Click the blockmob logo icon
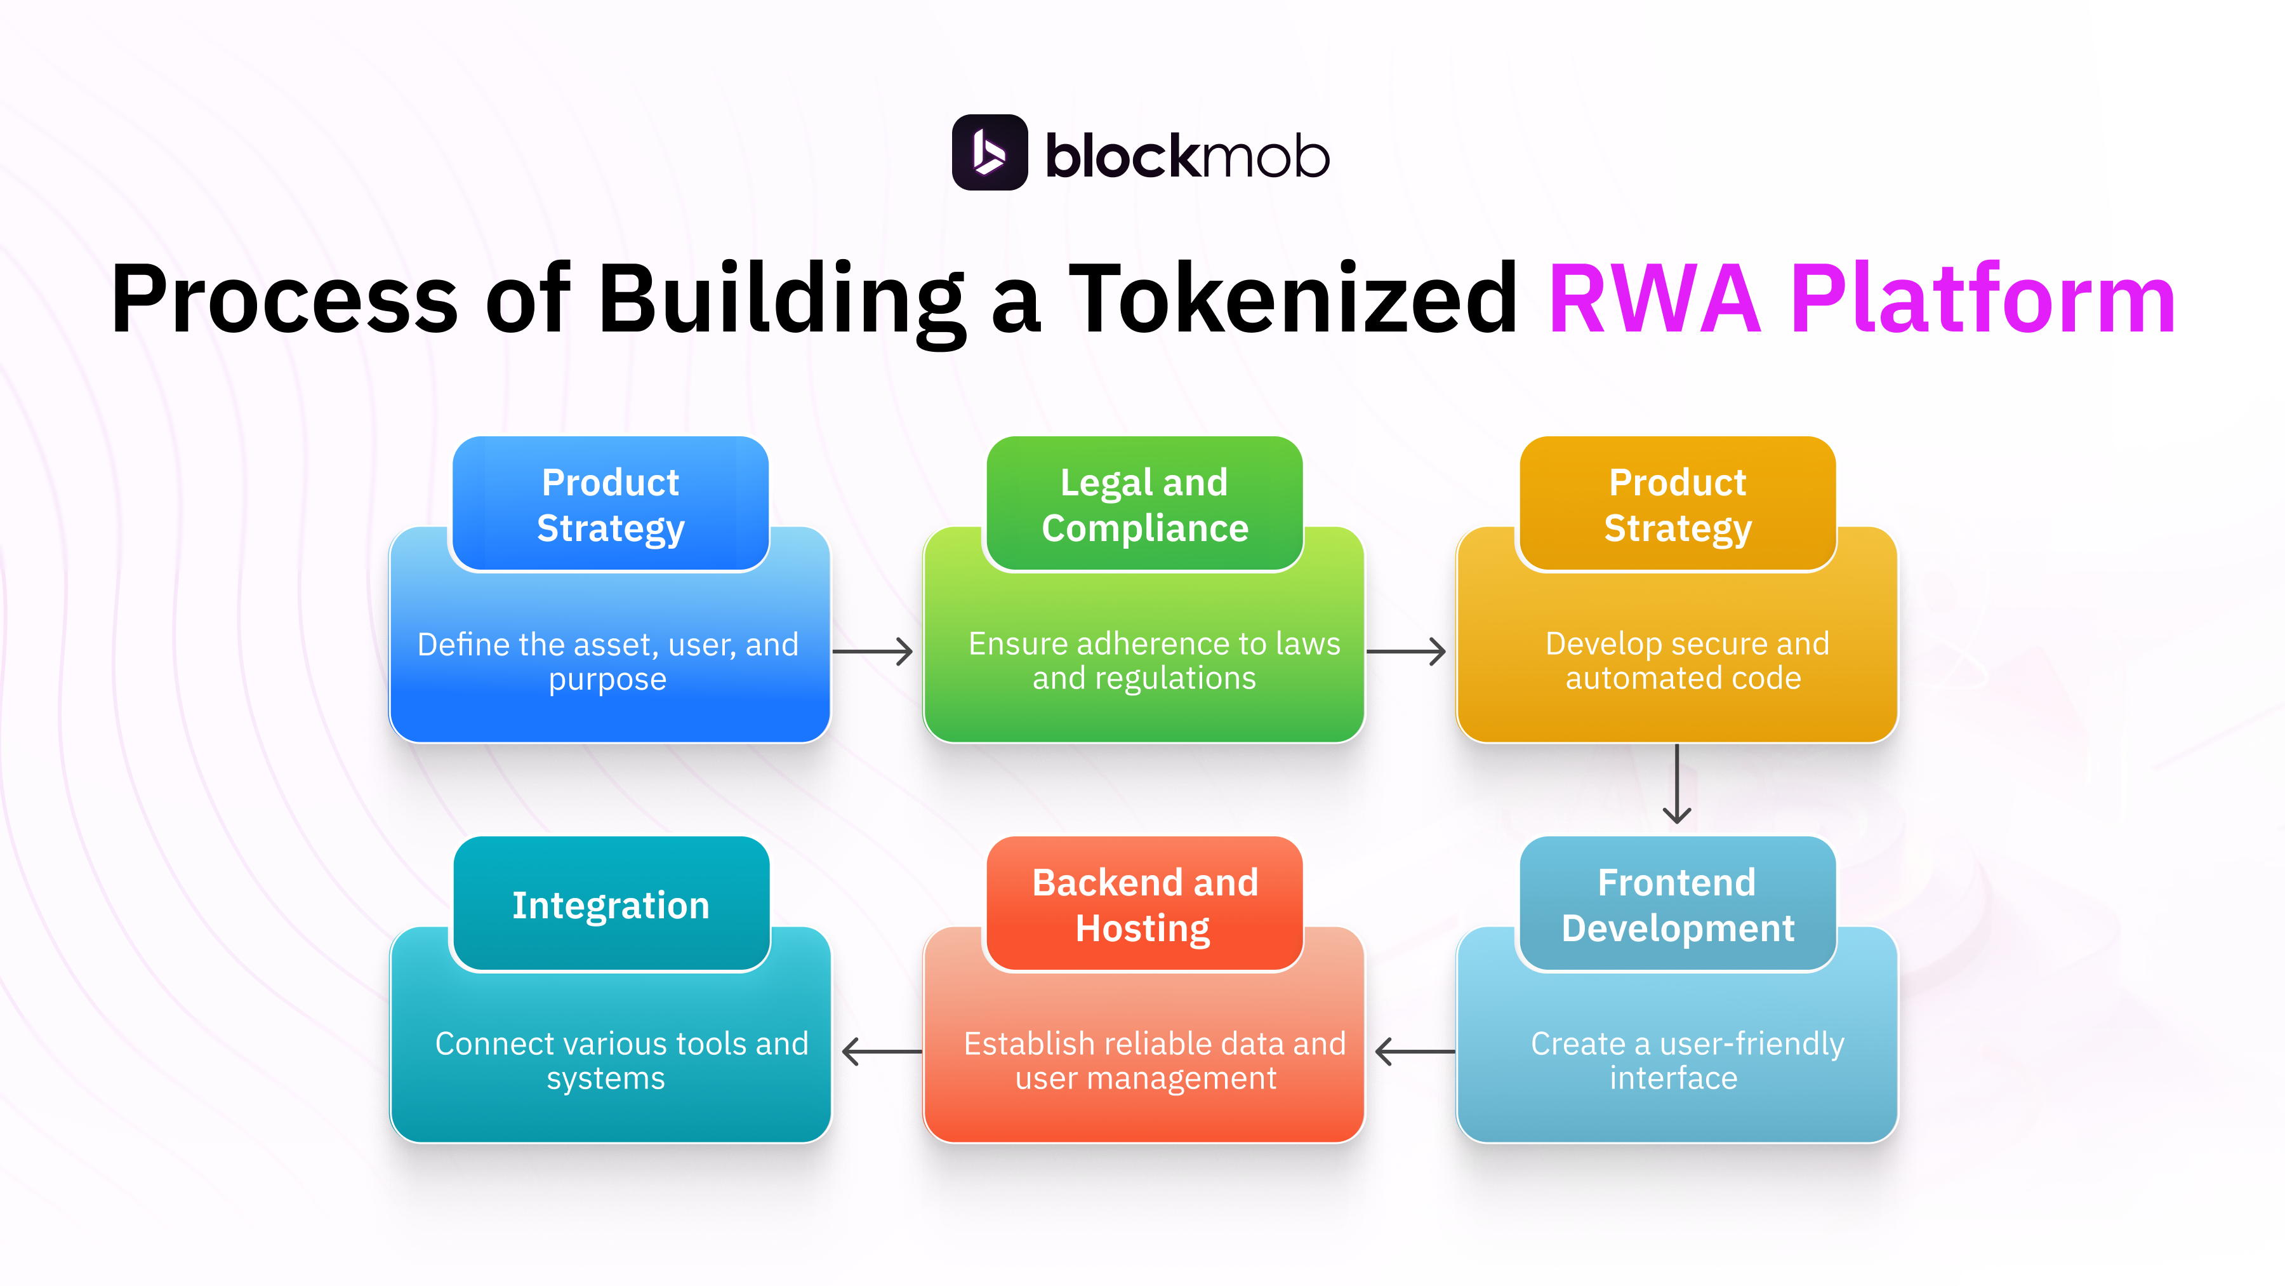tap(989, 152)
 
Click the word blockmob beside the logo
tap(1187, 157)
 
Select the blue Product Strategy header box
tap(610, 504)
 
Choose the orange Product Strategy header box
tap(1678, 504)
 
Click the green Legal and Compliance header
tap(1144, 504)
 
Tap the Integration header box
tap(610, 904)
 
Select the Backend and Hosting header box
tap(1144, 904)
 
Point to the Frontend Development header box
tap(1678, 904)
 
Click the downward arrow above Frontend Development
tap(1676, 784)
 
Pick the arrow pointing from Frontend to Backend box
tap(1415, 1052)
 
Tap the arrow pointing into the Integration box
tap(882, 1052)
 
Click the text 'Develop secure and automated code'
tap(1685, 660)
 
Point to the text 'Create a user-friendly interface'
tap(1685, 1061)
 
